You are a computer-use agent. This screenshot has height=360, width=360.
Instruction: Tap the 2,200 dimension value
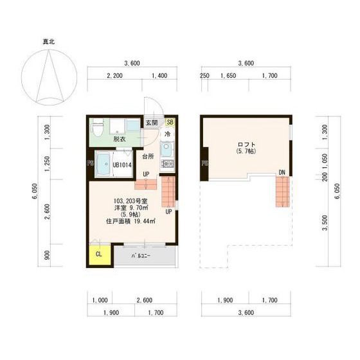pos(115,76)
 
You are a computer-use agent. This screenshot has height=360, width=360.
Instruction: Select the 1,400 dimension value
pos(159,76)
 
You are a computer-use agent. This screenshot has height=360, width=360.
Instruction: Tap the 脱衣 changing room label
pos(120,138)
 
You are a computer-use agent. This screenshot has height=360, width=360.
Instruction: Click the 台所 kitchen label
pos(147,156)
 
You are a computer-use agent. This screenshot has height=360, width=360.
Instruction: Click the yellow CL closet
pos(98,253)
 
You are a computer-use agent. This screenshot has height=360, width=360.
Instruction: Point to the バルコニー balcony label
pos(141,256)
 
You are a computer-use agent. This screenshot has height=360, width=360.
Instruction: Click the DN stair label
pos(282,172)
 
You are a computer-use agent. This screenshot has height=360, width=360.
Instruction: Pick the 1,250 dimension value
pos(46,163)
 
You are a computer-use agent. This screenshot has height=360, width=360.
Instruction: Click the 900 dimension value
pos(46,255)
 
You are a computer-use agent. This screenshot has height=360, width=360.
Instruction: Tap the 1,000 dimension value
pos(99,300)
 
